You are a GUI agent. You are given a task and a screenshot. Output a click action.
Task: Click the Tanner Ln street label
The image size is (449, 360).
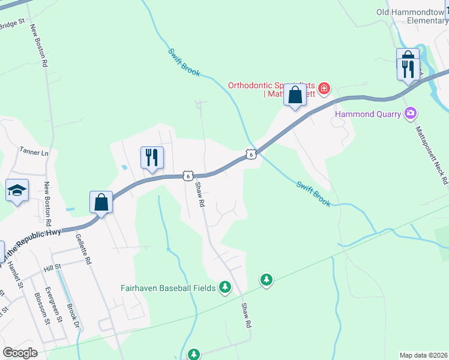click(34, 152)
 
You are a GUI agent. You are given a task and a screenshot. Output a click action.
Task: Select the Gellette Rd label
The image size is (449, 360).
click(83, 248)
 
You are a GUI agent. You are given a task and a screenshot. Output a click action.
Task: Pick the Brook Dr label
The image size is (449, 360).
click(74, 316)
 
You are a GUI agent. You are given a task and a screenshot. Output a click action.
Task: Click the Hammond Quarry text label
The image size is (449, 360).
click(369, 113)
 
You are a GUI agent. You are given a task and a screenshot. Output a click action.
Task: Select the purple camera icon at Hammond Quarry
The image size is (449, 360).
click(411, 112)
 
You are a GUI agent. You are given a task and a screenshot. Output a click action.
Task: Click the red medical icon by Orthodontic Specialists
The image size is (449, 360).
click(324, 89)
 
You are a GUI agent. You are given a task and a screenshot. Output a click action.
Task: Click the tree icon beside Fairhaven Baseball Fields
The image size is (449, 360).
click(225, 287)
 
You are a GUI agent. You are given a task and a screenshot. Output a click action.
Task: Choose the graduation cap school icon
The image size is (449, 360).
click(17, 191)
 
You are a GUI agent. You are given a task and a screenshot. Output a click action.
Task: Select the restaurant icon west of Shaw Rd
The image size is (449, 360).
click(151, 158)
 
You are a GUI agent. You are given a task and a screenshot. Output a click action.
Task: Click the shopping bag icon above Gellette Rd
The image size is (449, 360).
click(101, 202)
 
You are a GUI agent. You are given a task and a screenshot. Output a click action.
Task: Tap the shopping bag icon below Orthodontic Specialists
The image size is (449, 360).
click(295, 95)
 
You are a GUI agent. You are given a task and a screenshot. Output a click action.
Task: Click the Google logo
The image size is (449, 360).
click(20, 353)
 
